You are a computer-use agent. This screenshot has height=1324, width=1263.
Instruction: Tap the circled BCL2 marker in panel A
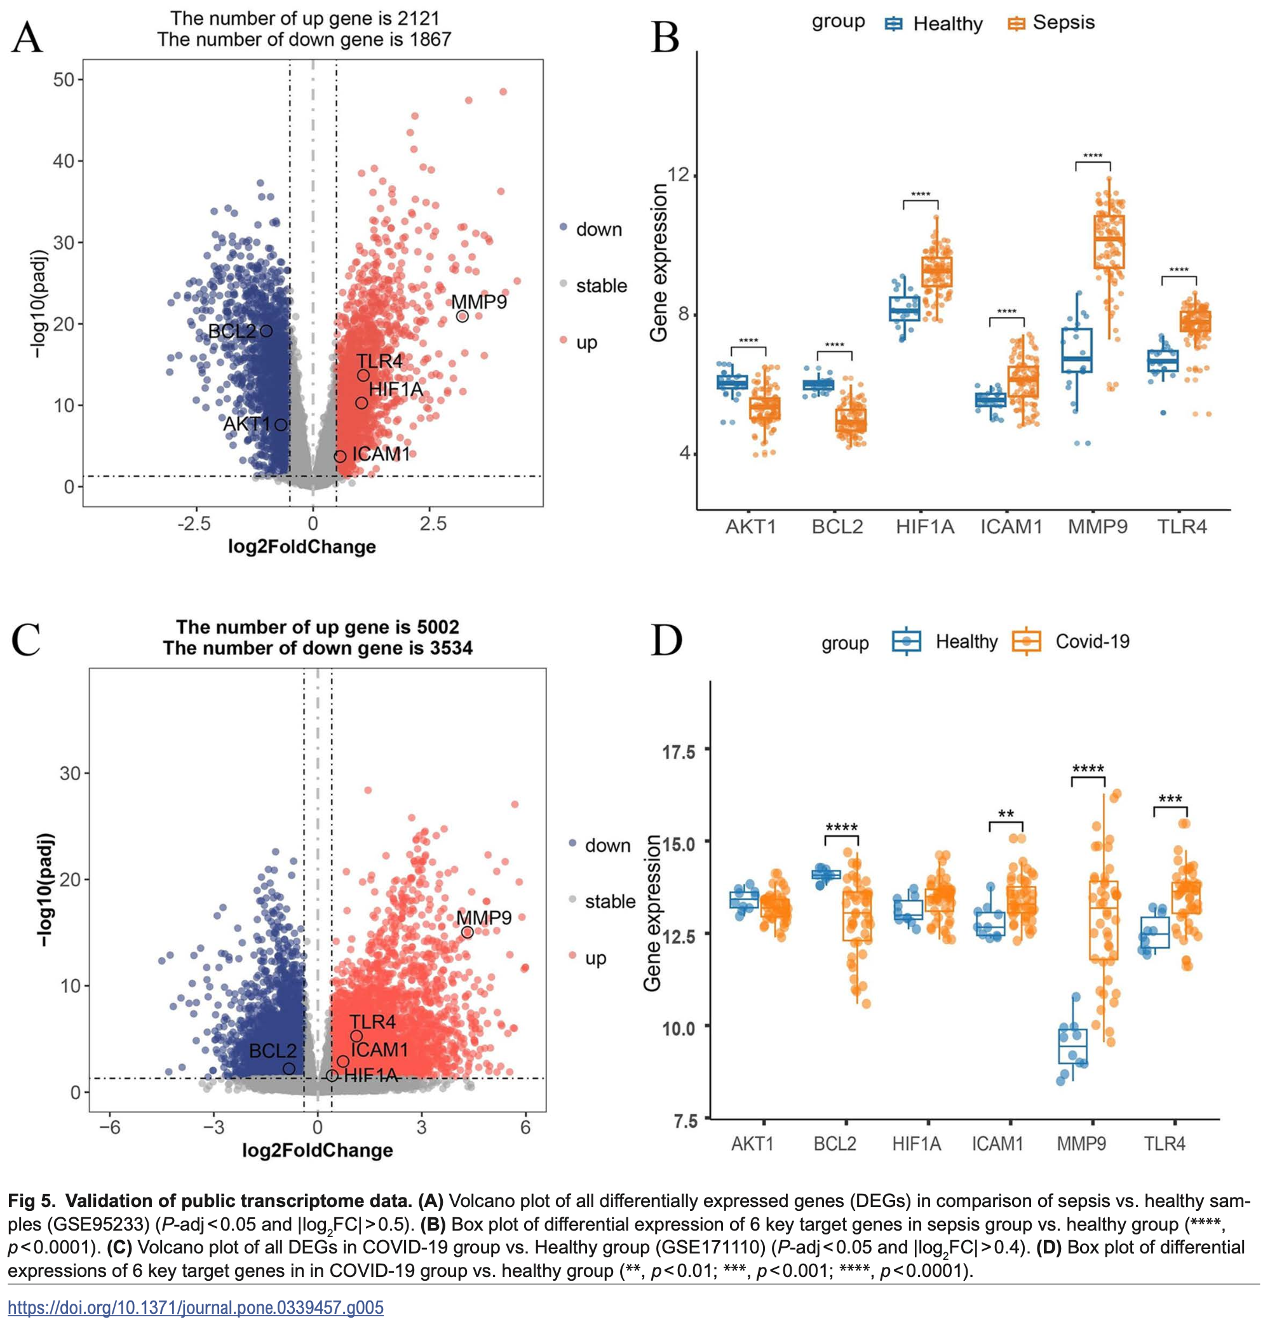point(266,330)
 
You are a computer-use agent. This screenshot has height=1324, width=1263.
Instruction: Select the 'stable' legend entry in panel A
point(600,286)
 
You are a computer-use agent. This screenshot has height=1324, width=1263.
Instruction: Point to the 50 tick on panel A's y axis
point(64,79)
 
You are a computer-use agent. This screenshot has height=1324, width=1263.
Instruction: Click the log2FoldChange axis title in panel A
point(302,546)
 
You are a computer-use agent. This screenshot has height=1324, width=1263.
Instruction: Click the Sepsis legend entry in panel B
point(1063,23)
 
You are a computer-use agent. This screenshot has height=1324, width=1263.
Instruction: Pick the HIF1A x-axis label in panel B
point(924,527)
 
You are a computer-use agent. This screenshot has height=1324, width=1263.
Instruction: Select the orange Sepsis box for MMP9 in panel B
point(1109,241)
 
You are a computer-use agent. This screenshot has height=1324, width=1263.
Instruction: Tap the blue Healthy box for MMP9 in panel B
point(1076,350)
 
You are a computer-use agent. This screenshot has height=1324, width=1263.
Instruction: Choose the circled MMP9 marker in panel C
point(467,932)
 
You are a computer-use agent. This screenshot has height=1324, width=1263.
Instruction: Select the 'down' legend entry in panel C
point(607,846)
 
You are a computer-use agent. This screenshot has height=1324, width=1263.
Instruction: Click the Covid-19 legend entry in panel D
point(1091,642)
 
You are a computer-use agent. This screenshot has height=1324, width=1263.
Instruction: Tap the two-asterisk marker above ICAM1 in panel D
point(1006,814)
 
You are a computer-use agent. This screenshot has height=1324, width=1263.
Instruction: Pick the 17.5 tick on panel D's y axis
point(679,751)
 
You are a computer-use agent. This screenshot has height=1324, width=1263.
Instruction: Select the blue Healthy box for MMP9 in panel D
point(1072,1046)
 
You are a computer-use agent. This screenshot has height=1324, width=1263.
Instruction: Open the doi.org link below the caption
point(196,1307)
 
